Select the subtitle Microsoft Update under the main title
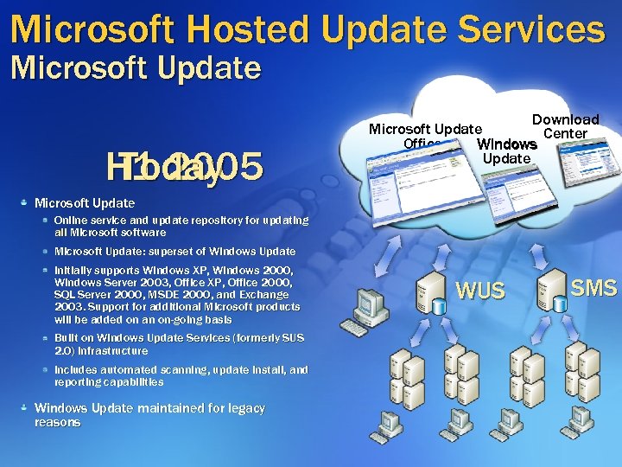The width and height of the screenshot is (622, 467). pyautogui.click(x=136, y=67)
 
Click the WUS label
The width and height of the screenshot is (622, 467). pyautogui.click(x=480, y=291)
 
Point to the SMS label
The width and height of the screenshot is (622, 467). pyautogui.click(x=594, y=288)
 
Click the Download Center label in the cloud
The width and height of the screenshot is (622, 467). pyautogui.click(x=565, y=126)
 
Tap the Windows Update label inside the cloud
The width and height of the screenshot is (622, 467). pyautogui.click(x=506, y=150)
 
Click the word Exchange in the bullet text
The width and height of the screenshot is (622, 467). pyautogui.click(x=266, y=295)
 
